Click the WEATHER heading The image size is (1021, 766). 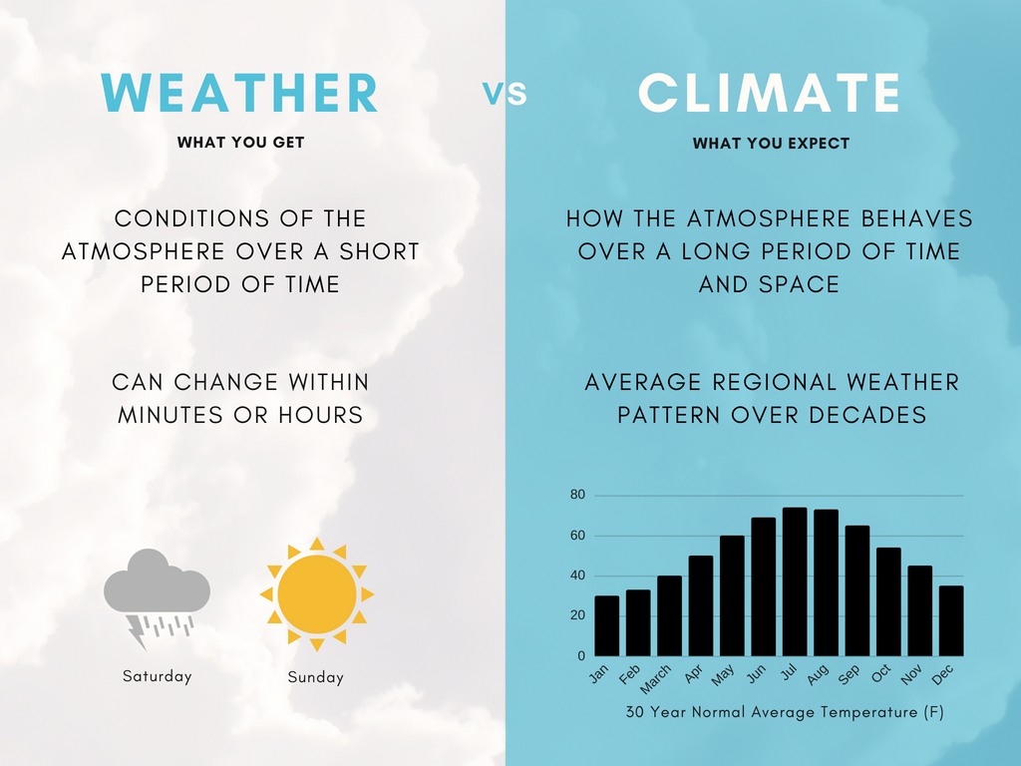tap(239, 93)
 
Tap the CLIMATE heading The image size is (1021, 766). tap(769, 93)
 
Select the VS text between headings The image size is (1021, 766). tap(505, 94)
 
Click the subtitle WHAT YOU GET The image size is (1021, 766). tap(240, 143)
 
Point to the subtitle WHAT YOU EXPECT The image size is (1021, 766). tap(771, 144)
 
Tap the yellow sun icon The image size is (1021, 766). tap(317, 594)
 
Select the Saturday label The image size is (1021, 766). tap(157, 676)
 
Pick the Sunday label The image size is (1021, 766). tap(315, 677)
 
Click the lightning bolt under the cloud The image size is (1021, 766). tap(136, 630)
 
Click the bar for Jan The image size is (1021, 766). tap(606, 625)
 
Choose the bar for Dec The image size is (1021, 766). tap(951, 620)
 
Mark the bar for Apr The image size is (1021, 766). tap(701, 605)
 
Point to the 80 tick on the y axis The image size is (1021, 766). tap(577, 496)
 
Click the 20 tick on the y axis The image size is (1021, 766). tap(577, 616)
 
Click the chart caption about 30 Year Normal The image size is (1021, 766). tap(784, 712)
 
